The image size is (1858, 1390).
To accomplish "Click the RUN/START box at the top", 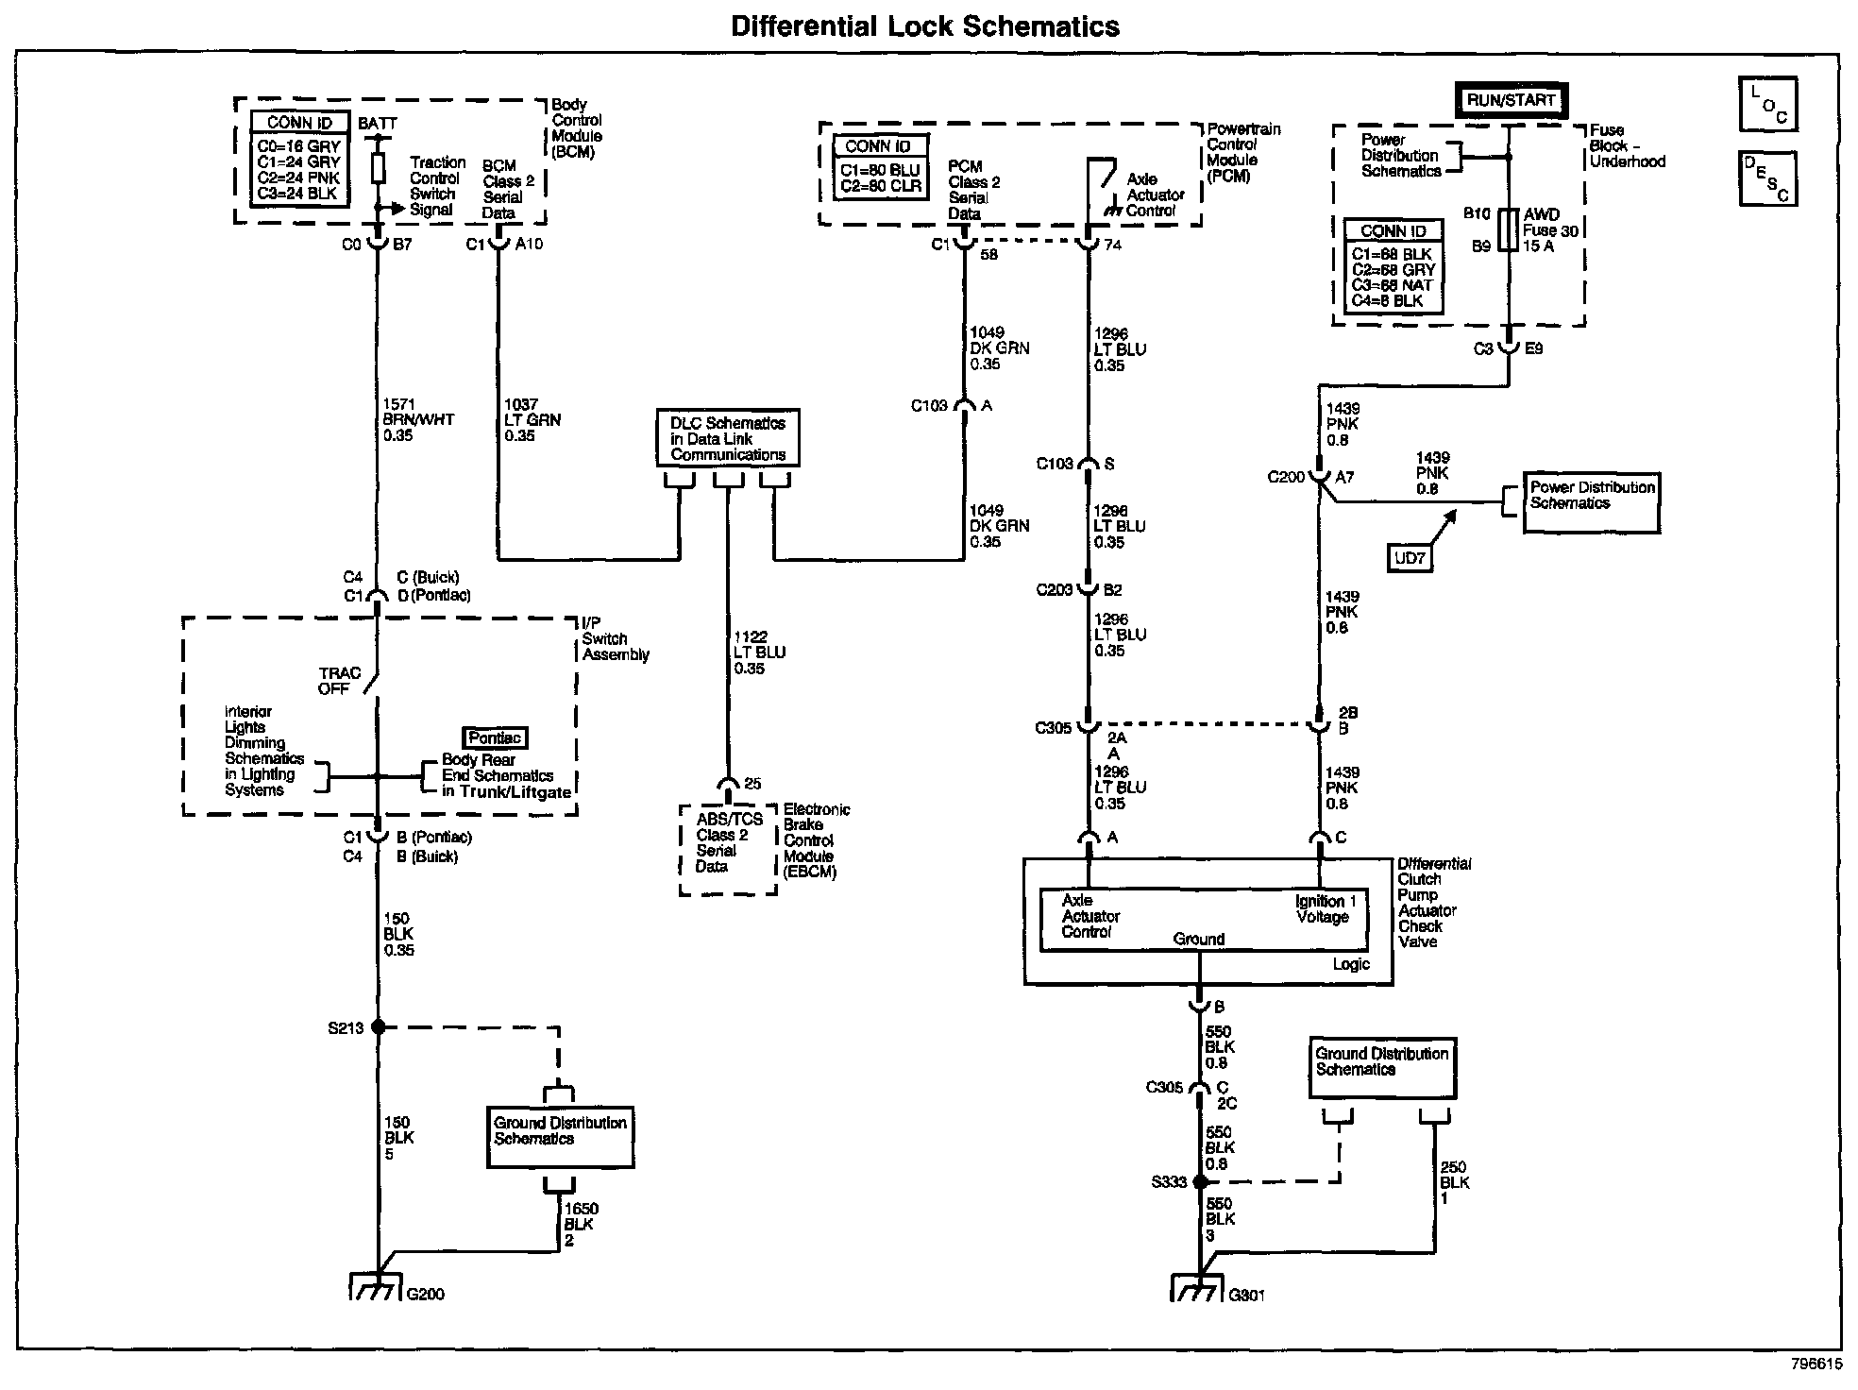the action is click(1511, 100).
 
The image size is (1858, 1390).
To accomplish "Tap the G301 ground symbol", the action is click(1198, 1287).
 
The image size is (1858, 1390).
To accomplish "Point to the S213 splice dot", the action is click(378, 1026).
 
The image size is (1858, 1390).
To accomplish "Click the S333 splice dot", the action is click(1199, 1181).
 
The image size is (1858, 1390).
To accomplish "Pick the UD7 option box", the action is click(1409, 558).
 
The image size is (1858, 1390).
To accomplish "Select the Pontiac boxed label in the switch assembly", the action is click(495, 737).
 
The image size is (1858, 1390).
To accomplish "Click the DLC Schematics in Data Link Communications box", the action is click(727, 437).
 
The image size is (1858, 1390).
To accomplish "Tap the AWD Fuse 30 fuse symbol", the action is click(1509, 229).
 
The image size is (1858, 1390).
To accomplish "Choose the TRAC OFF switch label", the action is click(340, 681).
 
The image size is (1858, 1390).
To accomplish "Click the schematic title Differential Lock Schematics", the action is click(925, 25).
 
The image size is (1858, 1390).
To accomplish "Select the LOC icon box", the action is click(1768, 105).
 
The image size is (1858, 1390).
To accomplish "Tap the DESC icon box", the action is click(1768, 178).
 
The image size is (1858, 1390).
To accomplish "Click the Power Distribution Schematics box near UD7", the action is click(1591, 503).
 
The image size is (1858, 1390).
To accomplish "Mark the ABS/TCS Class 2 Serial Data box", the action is click(728, 850).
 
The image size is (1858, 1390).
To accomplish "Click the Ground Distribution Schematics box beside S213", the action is click(560, 1138).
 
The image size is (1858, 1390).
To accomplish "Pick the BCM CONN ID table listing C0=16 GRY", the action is click(299, 158).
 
